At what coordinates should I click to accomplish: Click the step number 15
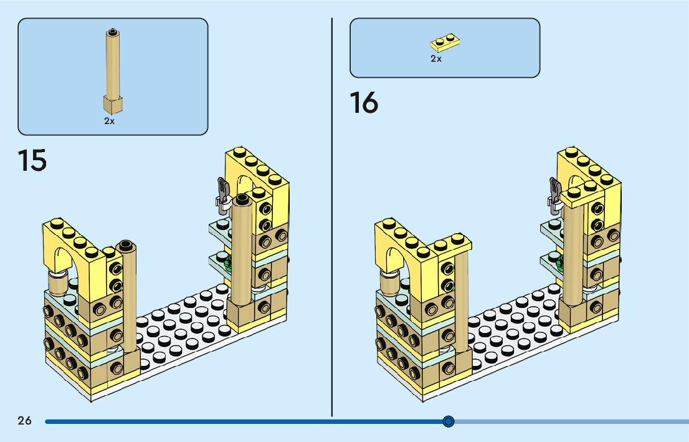click(x=32, y=160)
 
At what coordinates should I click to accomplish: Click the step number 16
click(x=364, y=102)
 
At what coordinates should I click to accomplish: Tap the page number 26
click(x=24, y=421)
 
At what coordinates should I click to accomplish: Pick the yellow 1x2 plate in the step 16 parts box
click(x=445, y=43)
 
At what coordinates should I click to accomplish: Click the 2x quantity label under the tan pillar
click(x=110, y=122)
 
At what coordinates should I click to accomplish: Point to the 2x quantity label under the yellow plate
click(x=436, y=59)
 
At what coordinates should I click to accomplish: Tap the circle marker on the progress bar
click(x=449, y=421)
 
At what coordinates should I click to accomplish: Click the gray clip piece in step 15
click(x=222, y=192)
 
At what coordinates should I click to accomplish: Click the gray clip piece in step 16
click(x=554, y=191)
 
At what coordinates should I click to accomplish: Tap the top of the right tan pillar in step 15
click(x=242, y=199)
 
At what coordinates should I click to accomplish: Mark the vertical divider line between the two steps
click(x=331, y=218)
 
